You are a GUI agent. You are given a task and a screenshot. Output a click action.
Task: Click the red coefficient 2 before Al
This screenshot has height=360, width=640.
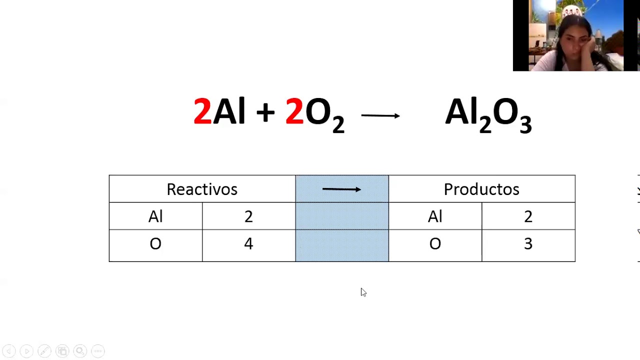tap(202, 111)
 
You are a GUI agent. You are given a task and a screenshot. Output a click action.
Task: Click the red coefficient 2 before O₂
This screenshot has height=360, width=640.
tap(294, 111)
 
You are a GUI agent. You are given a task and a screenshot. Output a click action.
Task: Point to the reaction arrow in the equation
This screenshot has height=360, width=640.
tap(380, 115)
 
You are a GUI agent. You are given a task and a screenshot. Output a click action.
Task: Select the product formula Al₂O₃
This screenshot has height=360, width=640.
tap(488, 114)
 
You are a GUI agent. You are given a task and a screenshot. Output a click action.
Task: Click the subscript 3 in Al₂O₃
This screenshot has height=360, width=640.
tap(525, 123)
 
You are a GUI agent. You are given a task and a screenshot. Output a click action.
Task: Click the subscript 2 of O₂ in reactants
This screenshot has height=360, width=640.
tap(338, 123)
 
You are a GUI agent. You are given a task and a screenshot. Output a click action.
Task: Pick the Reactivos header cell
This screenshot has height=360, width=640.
tap(202, 189)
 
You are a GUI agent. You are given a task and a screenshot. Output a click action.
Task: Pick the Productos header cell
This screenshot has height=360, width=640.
tap(481, 189)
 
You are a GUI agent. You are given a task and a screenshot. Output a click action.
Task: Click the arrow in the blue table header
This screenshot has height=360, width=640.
tap(341, 189)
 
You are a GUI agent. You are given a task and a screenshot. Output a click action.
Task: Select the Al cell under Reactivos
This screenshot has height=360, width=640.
tap(155, 216)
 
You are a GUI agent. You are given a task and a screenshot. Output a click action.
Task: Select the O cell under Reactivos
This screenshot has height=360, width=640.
tap(155, 244)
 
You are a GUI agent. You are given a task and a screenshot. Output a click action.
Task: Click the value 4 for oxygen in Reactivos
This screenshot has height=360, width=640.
tap(248, 244)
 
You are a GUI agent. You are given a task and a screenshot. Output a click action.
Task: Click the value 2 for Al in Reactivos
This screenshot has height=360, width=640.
tap(248, 216)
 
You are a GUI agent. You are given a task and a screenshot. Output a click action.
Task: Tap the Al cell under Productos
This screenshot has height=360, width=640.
tap(435, 216)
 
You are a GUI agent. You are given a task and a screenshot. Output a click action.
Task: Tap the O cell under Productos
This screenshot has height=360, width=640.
tap(435, 244)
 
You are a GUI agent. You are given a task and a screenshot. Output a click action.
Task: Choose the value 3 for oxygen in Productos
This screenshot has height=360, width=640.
tap(528, 244)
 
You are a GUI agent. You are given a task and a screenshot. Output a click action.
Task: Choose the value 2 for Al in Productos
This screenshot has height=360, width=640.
tap(528, 216)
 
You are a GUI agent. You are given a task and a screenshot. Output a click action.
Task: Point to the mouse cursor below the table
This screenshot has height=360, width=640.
tap(363, 292)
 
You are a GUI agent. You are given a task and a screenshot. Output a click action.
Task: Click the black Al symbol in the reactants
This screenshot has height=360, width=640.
tap(229, 111)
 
